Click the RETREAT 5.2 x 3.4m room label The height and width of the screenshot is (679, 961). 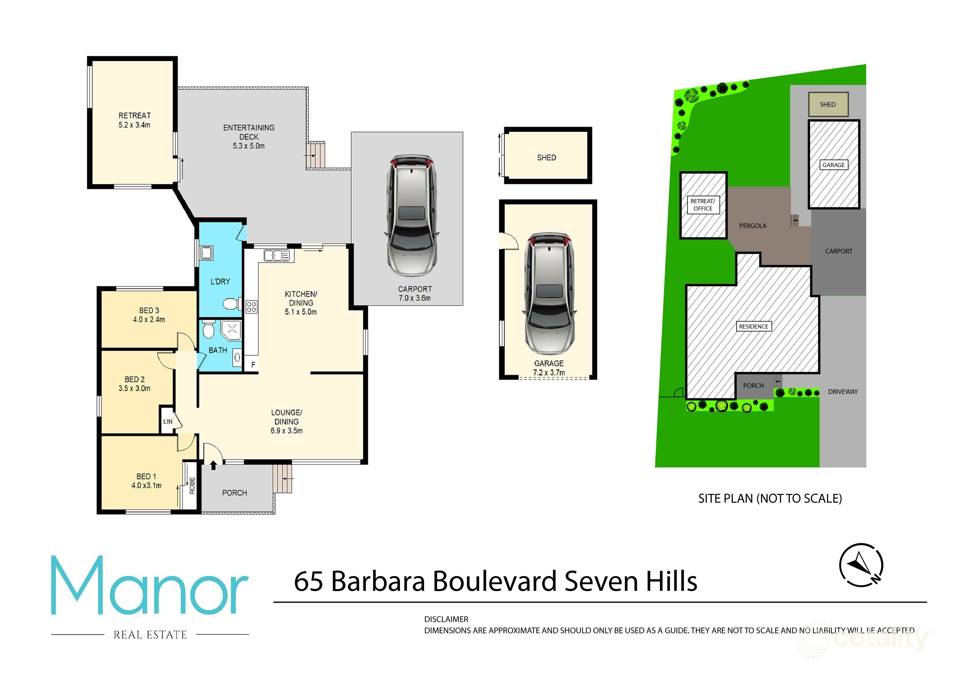tap(134, 120)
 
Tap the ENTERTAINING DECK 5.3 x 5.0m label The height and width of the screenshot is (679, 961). tap(249, 137)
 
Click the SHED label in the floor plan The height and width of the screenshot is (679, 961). tap(546, 158)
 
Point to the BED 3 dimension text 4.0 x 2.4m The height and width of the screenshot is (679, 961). tap(149, 320)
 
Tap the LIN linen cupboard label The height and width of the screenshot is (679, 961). tap(167, 421)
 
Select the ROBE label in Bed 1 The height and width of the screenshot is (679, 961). tap(192, 486)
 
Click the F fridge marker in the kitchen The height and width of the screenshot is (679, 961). tap(253, 365)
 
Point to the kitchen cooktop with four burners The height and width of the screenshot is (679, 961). tap(251, 307)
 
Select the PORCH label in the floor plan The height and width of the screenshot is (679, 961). tap(234, 493)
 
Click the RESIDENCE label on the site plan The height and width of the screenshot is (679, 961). tap(753, 326)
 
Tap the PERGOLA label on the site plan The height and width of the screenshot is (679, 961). tap(753, 226)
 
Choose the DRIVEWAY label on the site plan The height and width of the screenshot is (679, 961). tap(843, 392)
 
